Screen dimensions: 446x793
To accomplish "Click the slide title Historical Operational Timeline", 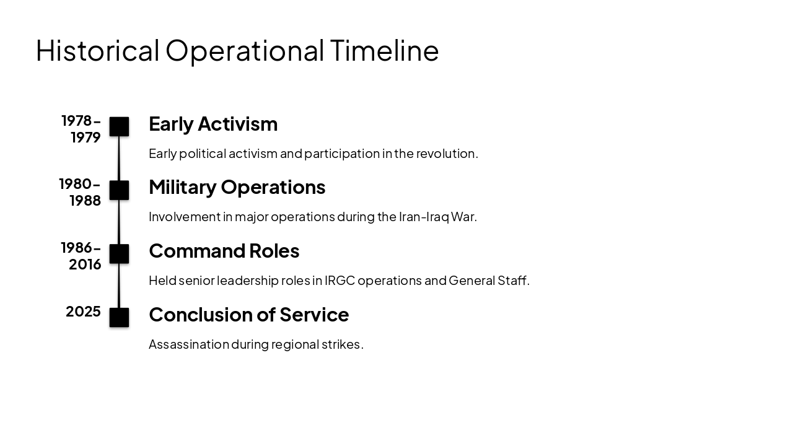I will [237, 50].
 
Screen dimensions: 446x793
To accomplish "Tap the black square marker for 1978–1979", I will [119, 126].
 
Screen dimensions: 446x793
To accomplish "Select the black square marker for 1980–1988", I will [119, 190].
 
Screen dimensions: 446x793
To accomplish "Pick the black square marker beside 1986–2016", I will [119, 254].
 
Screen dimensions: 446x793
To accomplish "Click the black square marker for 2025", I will [119, 317].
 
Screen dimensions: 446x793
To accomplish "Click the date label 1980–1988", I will [81, 192].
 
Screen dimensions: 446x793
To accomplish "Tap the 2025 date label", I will [83, 312].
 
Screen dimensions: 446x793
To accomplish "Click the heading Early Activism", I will [213, 124].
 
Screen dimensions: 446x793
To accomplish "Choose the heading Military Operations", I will [237, 187].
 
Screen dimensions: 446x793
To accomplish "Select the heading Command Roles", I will [224, 251].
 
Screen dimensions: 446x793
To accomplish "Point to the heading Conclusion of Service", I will [248, 315].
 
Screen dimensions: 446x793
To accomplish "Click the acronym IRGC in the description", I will [340, 281].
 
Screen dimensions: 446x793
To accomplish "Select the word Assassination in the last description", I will [188, 344].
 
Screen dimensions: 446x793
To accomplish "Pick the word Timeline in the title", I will [384, 50].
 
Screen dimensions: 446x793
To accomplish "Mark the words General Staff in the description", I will [488, 281].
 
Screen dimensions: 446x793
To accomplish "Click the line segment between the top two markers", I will [119, 159].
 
